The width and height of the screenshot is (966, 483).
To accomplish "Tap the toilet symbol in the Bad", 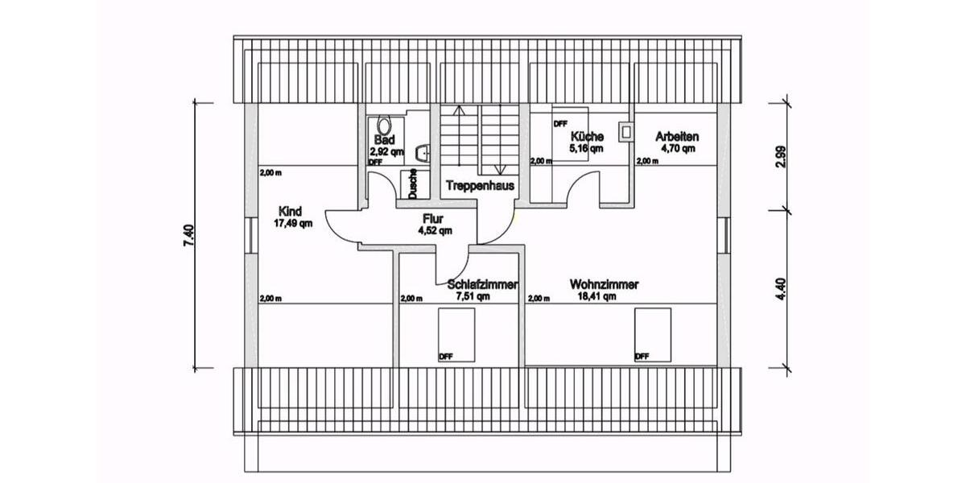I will pos(383,127).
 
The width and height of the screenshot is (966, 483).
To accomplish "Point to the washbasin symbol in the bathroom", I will pos(422,152).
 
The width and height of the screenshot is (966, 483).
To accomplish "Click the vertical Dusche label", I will pos(412,184).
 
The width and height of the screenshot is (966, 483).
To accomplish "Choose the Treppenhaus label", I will pos(481,185).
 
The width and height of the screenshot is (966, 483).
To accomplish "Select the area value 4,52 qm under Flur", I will pos(435,230).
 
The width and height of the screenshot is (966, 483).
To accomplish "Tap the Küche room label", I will pos(586,137).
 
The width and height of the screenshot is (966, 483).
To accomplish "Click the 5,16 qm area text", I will pos(586,149).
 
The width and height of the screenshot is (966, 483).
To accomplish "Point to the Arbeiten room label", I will pos(676,136).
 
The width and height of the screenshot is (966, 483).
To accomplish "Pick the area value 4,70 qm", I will pos(678,148).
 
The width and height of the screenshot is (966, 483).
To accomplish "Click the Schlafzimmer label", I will pos(482,285).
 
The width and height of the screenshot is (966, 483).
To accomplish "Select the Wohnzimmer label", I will pos(604,284).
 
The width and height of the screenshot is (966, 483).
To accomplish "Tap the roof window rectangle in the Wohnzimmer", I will pos(652,335).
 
